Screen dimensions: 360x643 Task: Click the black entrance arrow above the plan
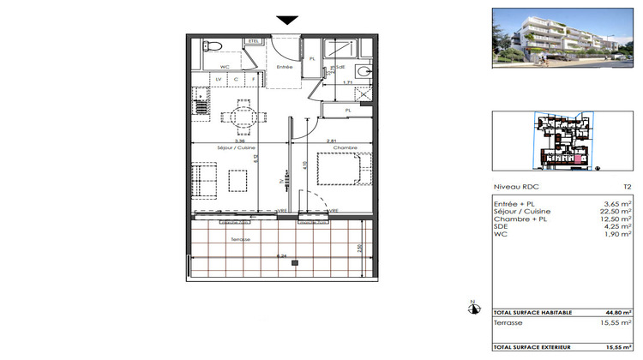(x=287, y=21)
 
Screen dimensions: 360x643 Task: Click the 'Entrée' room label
(x=285, y=67)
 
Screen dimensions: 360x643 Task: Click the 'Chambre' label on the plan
(x=345, y=147)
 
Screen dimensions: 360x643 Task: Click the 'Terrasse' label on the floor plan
(x=240, y=239)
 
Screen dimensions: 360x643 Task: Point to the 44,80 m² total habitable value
(x=620, y=313)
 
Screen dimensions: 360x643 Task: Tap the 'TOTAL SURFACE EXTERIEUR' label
(x=527, y=345)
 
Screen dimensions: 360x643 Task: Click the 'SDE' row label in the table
(x=500, y=225)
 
